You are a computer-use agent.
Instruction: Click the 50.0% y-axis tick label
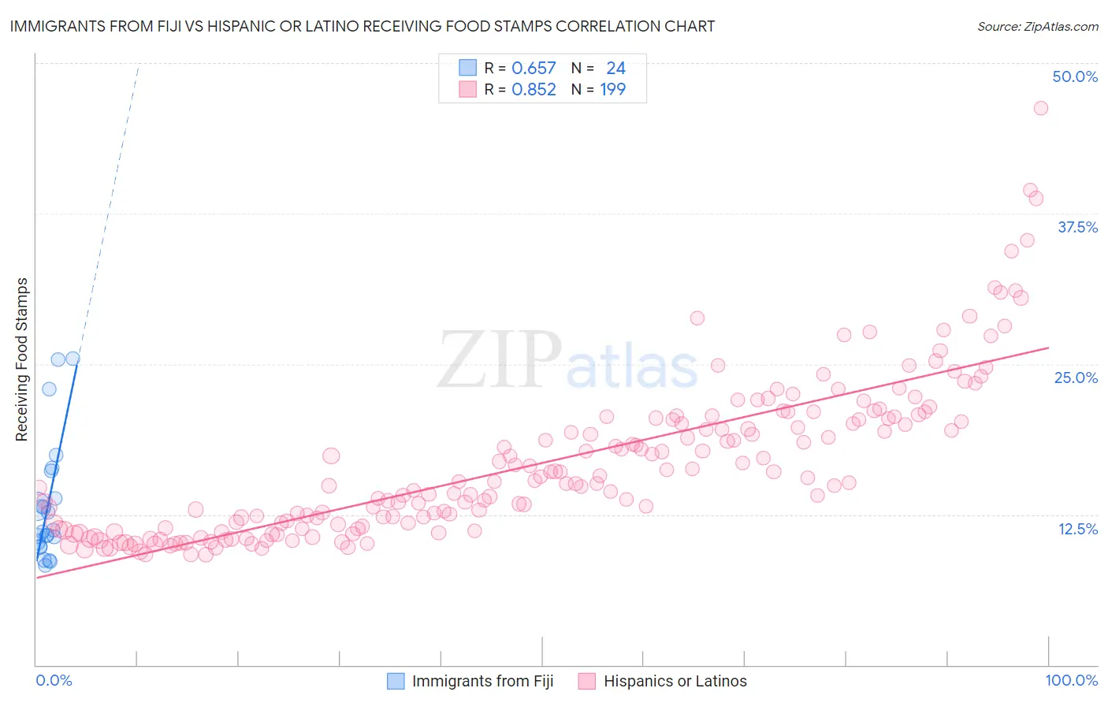[1075, 76]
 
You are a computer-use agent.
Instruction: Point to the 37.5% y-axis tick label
[1077, 227]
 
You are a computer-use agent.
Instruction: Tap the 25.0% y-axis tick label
[1076, 378]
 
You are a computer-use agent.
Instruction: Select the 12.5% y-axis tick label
[1077, 529]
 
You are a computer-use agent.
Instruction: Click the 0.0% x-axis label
[54, 681]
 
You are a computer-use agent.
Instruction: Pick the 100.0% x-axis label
[1072, 681]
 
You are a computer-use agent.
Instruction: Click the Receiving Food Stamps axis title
[22, 359]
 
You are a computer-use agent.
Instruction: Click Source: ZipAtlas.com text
[1038, 26]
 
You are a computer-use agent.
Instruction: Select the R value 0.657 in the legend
[534, 69]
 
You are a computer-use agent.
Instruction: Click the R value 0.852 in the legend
[534, 90]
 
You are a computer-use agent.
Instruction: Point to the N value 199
[612, 90]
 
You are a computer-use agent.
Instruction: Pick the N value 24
[615, 69]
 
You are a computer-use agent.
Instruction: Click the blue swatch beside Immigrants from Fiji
[396, 681]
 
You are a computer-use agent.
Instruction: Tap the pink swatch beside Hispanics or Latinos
[586, 681]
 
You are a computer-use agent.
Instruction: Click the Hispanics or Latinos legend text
[675, 681]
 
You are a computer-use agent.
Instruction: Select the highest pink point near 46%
[1040, 108]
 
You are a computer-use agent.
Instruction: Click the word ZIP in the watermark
[499, 360]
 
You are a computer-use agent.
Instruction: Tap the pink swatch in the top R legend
[467, 90]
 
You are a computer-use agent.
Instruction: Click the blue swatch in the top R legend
[467, 69]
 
